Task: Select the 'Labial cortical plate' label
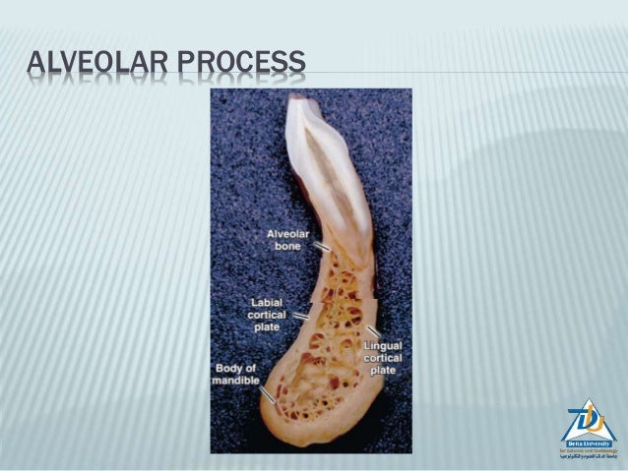[x=267, y=314]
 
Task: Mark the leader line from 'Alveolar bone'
[x=322, y=247]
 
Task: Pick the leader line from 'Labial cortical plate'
[x=299, y=317]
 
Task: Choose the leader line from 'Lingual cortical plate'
[x=373, y=330]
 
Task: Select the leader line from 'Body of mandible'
[x=268, y=395]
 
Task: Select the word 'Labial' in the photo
[x=267, y=302]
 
